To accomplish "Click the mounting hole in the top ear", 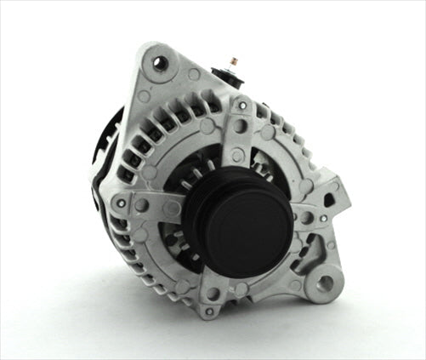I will pyautogui.click(x=158, y=61).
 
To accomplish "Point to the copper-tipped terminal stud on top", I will pyautogui.click(x=233, y=61).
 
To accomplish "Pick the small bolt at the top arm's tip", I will pyautogui.click(x=241, y=106).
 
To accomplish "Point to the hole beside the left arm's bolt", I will pyautogui.click(x=141, y=204).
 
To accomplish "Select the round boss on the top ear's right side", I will pyautogui.click(x=194, y=75).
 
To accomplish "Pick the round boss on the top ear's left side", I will pyautogui.click(x=143, y=96).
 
